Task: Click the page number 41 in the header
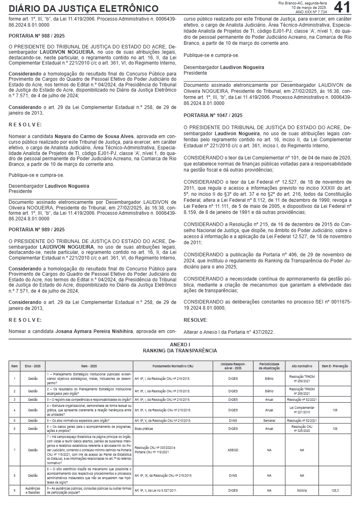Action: [342, 7]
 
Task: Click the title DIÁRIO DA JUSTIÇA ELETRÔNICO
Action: [84, 8]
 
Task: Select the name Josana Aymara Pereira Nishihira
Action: [94, 331]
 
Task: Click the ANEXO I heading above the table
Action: [180, 344]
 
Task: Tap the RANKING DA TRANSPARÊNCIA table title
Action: [180, 351]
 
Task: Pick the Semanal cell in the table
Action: [269, 421]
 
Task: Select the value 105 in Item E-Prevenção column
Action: [335, 410]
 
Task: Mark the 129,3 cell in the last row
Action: [335, 490]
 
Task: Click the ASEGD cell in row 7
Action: [233, 450]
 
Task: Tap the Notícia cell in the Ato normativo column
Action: [302, 490]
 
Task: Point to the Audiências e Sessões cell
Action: [33, 490]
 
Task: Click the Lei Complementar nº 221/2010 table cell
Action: [302, 410]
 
